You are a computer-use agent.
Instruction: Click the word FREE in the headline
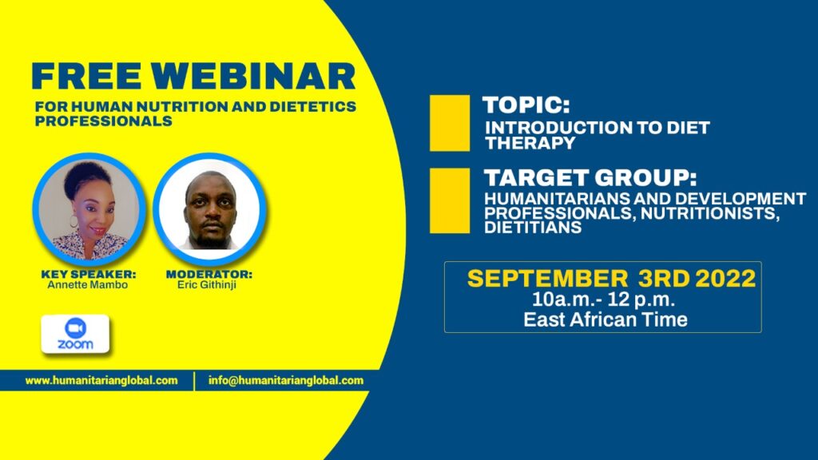86,76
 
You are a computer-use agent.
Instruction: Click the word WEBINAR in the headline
254,76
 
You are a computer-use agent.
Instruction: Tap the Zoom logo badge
75,334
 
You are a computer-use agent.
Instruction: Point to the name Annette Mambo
88,285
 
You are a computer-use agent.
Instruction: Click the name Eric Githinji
207,285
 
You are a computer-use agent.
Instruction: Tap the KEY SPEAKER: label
89,274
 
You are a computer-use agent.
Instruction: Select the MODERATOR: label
209,274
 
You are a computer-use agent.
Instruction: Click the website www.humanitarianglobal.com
101,381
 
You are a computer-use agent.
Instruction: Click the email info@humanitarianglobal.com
286,381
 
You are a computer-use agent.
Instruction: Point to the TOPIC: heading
526,105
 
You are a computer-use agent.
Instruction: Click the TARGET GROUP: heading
590,178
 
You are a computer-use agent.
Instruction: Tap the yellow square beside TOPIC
450,123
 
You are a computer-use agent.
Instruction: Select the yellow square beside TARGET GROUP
450,200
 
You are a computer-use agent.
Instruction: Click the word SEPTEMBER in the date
548,279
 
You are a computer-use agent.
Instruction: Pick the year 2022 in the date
725,279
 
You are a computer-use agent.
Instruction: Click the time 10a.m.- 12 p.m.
604,300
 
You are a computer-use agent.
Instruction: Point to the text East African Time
606,319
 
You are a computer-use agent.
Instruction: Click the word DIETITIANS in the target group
533,228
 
